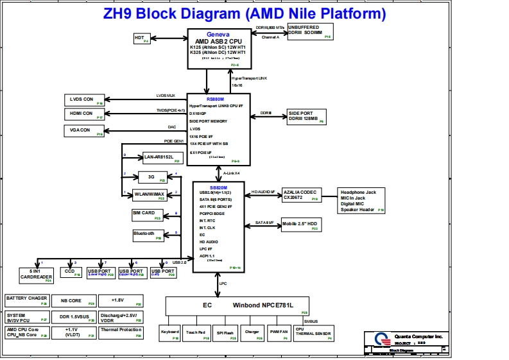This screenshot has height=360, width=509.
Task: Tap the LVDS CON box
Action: point(85,99)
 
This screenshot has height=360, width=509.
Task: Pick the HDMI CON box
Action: point(85,115)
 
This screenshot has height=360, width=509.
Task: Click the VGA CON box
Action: point(85,131)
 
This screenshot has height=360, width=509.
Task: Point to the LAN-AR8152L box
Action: point(161,158)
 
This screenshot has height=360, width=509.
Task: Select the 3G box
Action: point(152,176)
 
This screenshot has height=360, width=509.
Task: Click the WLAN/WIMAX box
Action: point(149,194)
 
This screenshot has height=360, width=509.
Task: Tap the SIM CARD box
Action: point(146,215)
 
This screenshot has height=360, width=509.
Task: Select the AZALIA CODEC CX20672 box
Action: point(301,195)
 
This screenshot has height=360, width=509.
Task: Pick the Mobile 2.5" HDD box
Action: point(300,225)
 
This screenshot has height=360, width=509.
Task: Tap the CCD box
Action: point(70,272)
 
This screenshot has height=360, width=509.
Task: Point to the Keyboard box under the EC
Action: point(170,334)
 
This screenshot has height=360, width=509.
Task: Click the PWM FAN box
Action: point(279,334)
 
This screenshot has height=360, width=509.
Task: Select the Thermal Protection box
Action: point(121,332)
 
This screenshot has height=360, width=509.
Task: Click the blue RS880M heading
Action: point(198,99)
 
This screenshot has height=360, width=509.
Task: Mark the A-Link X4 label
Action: point(232,173)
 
